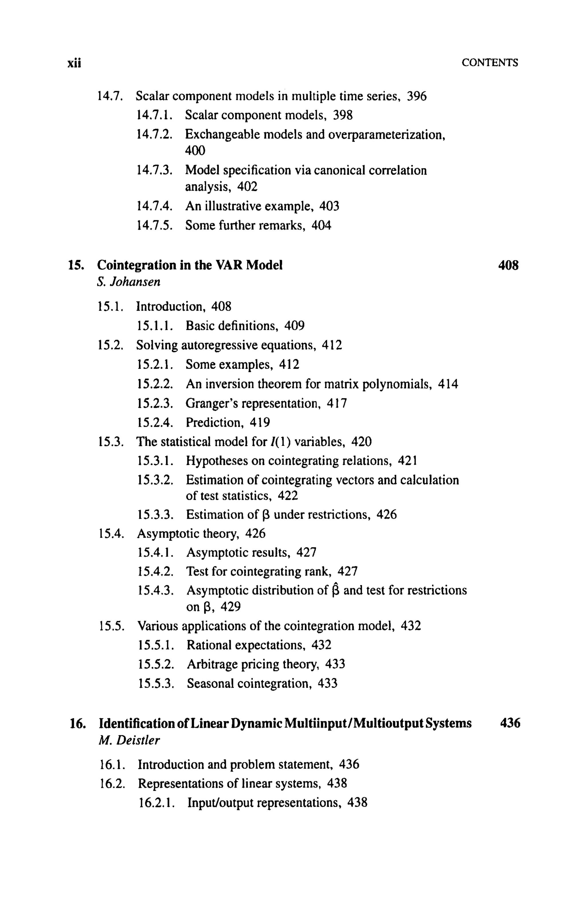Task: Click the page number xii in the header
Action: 75,63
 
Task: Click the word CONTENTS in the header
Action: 489,63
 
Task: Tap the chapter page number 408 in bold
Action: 508,265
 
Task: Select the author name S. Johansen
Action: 128,282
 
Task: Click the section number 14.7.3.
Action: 155,170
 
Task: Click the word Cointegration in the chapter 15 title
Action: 136,265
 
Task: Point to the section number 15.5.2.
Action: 156,664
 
